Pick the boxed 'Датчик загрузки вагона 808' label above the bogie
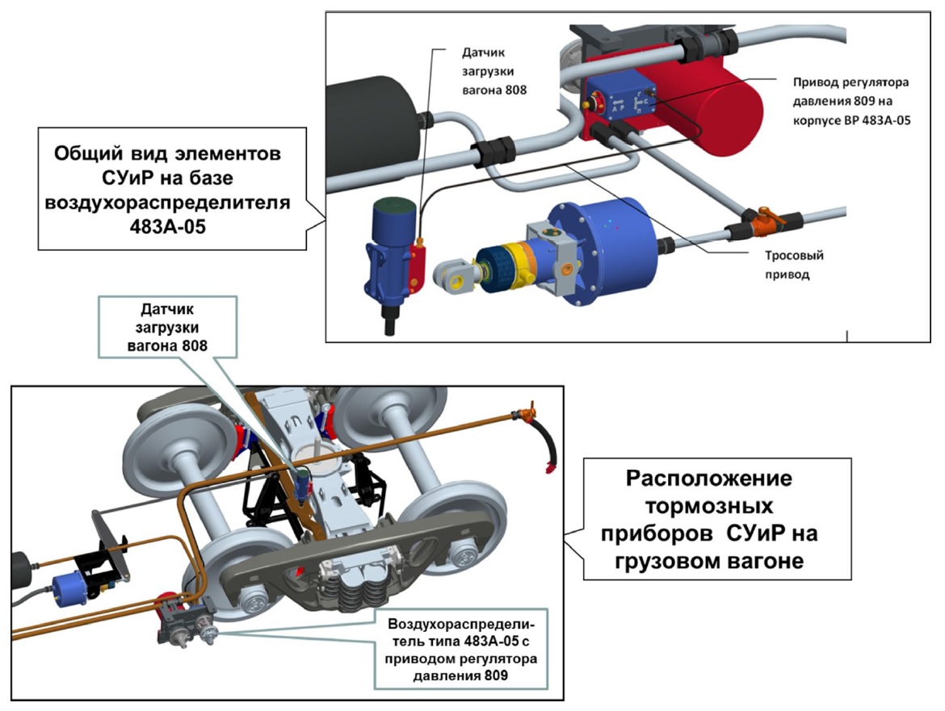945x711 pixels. pos(167,328)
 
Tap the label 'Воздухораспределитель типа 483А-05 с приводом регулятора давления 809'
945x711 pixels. pos(461,650)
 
